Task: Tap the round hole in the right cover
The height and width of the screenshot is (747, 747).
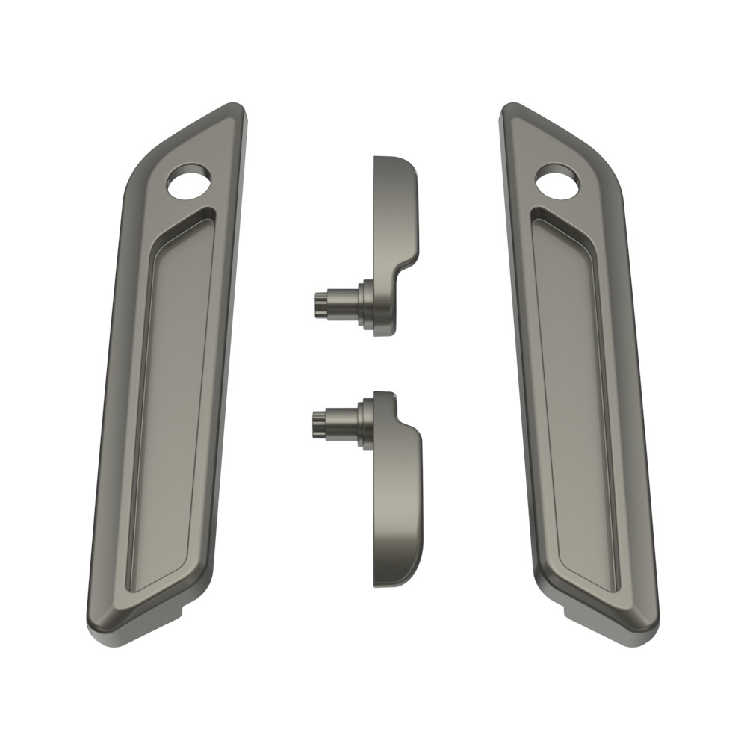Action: pos(557,182)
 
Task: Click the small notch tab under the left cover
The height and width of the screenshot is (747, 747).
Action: pos(173,613)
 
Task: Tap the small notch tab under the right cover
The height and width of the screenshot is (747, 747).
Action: pos(574,614)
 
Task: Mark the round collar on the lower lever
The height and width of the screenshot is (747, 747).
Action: pos(366,423)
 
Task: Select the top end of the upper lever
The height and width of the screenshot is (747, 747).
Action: pos(392,161)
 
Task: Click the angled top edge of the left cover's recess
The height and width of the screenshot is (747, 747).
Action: pos(183,224)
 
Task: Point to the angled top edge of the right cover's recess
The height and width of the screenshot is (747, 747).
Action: pos(564,224)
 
